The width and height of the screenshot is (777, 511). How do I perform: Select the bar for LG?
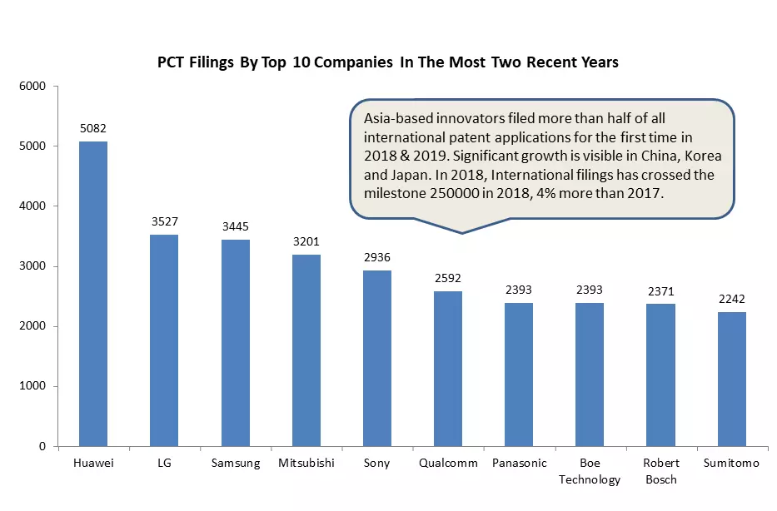tap(164, 340)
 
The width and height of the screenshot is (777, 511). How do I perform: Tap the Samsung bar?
tap(235, 343)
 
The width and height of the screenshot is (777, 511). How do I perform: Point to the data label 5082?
tap(92, 129)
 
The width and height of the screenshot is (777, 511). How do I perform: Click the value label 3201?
tap(306, 241)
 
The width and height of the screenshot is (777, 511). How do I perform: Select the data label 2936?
tap(377, 257)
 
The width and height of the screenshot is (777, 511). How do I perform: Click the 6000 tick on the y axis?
tap(33, 86)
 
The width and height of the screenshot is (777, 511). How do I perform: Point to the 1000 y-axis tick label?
tap(33, 386)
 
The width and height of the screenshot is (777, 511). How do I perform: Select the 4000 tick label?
tap(33, 206)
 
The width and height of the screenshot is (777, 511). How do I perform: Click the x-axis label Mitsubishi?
tap(306, 463)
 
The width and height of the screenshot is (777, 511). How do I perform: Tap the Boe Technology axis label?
tap(590, 471)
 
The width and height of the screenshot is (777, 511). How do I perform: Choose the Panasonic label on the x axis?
tap(519, 463)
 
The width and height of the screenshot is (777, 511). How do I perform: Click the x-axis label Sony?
tap(377, 463)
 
